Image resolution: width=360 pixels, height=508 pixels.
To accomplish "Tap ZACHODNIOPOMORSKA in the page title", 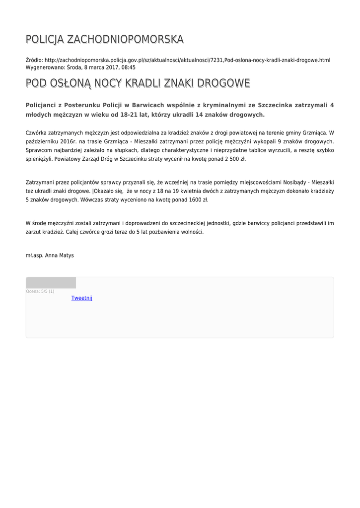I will tap(125, 39).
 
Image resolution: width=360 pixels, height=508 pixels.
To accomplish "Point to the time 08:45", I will tap(128, 67).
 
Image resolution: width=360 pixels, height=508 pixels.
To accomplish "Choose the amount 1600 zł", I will tap(197, 200).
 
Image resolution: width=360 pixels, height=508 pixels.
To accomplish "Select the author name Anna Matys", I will tap(59, 255).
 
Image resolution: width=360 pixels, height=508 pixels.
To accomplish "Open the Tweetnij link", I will tap(82, 298).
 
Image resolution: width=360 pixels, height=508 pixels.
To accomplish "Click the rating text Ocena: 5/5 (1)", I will tap(40, 291).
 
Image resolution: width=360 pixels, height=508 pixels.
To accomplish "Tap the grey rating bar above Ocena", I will tap(51, 283).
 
